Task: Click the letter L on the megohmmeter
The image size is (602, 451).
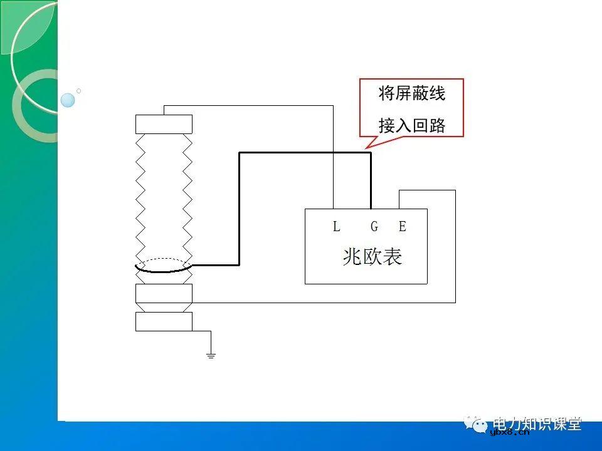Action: [337, 227]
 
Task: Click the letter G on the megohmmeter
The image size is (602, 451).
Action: [374, 227]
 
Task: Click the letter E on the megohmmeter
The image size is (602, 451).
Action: [403, 227]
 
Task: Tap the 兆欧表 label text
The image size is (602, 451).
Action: [372, 256]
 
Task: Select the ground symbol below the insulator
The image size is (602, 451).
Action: [211, 355]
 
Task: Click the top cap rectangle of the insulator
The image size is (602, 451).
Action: [164, 124]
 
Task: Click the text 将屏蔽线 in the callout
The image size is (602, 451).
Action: [412, 94]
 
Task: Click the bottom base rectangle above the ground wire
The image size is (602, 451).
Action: [164, 321]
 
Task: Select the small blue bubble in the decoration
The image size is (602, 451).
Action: [68, 100]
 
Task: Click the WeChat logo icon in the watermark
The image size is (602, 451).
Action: [480, 425]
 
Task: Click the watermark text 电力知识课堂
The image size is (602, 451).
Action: [537, 423]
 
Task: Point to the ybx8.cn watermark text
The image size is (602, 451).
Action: [509, 432]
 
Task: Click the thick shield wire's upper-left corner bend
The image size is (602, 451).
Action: [240, 152]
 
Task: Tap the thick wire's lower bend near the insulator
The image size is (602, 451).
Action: [240, 264]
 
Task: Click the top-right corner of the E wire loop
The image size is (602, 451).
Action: [455, 190]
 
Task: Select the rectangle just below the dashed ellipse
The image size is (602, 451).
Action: [164, 293]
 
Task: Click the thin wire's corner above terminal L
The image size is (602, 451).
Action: [333, 106]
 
